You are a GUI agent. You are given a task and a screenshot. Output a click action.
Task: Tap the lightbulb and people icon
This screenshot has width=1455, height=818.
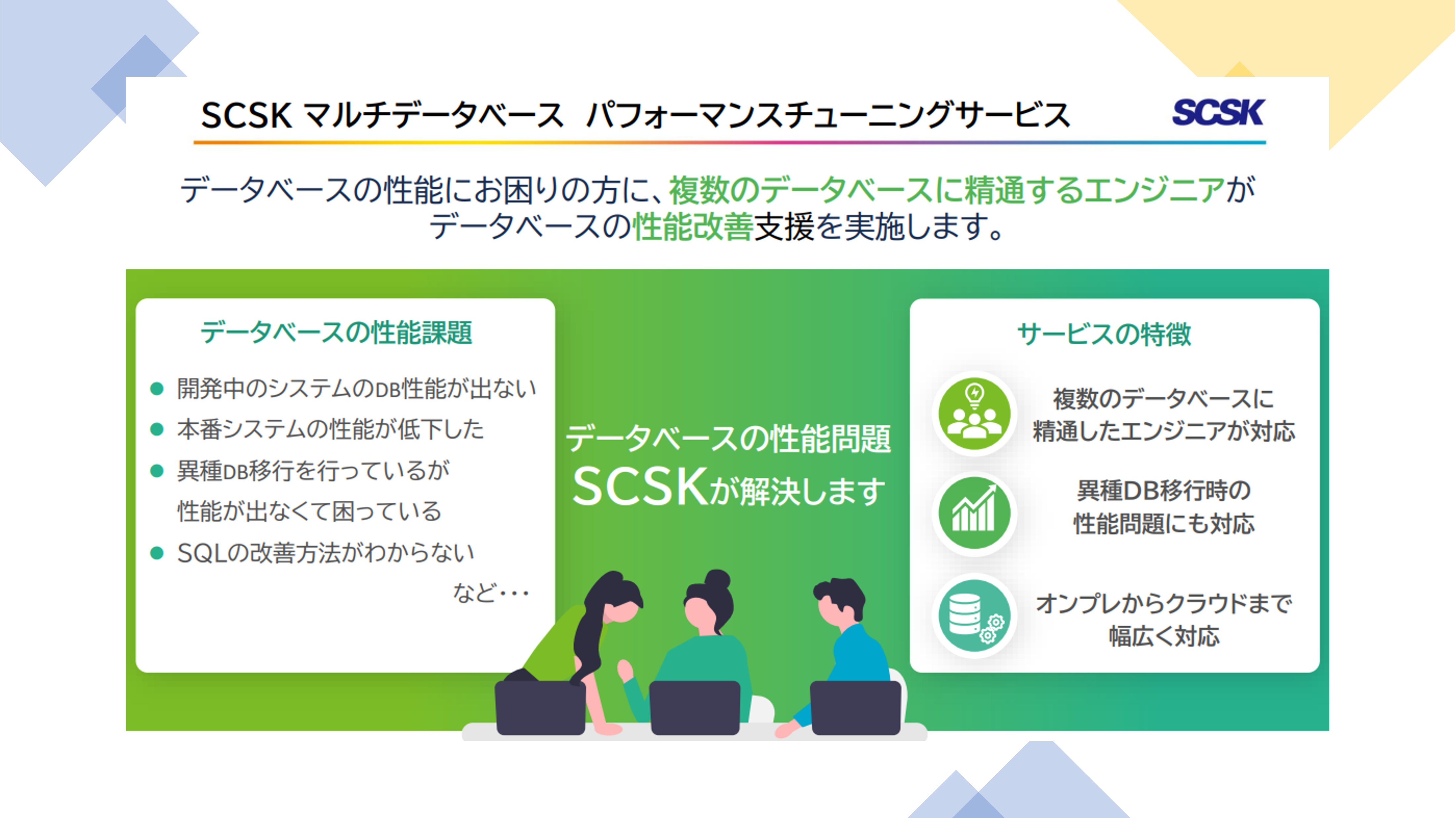point(974,413)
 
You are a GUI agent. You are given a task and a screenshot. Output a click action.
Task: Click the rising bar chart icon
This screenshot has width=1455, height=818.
point(974,513)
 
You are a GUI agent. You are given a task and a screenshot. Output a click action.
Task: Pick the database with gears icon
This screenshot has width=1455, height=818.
point(974,615)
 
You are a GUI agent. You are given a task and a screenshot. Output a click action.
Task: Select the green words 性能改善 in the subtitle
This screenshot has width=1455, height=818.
point(693,227)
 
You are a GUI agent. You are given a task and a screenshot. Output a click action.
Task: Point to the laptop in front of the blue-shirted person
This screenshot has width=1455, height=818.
point(855,707)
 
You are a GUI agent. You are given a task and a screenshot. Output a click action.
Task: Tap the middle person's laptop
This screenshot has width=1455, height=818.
point(695,707)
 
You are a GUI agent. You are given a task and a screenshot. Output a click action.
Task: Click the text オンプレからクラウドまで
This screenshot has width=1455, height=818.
point(1164,604)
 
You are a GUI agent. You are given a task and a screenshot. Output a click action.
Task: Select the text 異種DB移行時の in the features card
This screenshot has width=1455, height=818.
point(1164,490)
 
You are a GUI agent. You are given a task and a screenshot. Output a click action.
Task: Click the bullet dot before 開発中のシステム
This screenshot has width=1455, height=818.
point(157,388)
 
